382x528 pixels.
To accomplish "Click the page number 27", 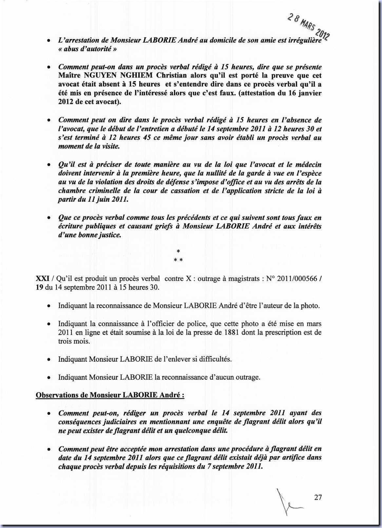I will click(318, 498).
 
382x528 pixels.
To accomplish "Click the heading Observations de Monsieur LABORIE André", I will click(110, 395).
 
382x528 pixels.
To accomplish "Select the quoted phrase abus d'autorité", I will click(88, 49).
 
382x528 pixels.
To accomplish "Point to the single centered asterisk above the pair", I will click(178, 252).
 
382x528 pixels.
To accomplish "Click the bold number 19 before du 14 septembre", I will click(39, 288).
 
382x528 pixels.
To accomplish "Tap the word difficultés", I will click(214, 359).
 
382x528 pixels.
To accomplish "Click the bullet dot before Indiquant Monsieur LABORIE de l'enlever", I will click(48, 360).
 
